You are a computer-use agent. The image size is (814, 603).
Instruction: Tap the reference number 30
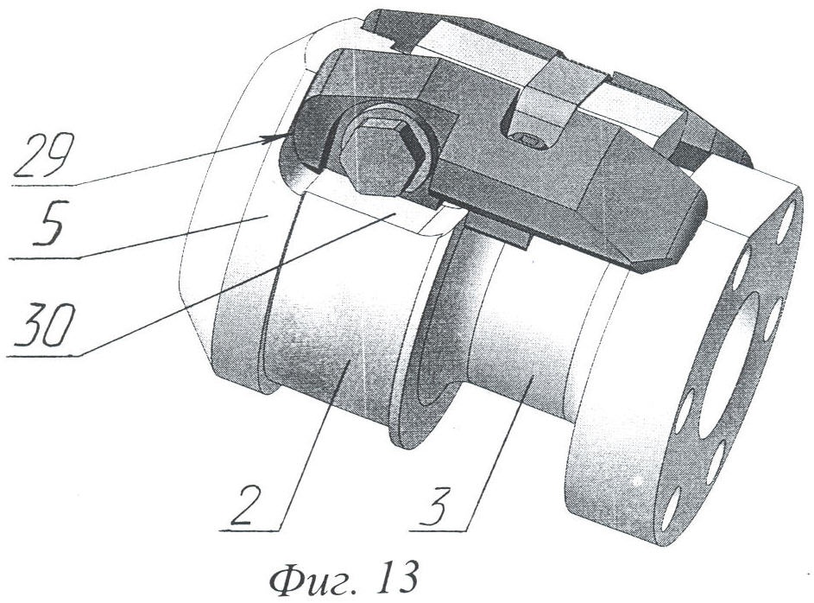[x=45, y=326]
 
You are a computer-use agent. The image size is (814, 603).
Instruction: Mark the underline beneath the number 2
[x=250, y=530]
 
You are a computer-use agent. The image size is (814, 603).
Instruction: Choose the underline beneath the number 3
[x=439, y=530]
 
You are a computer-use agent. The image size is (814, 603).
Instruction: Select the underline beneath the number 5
[x=45, y=258]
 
